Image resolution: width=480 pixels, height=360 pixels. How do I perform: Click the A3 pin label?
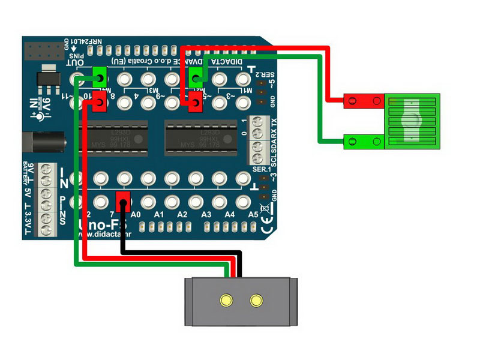tap(206, 214)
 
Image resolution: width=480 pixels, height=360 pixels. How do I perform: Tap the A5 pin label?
tap(253, 214)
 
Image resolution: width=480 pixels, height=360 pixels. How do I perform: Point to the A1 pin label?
tap(159, 214)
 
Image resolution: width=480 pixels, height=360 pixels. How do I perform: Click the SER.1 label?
tap(262, 170)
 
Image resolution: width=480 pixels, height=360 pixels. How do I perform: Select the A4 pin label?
tap(230, 214)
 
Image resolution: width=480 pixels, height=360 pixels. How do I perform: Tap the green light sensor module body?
tap(412, 121)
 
